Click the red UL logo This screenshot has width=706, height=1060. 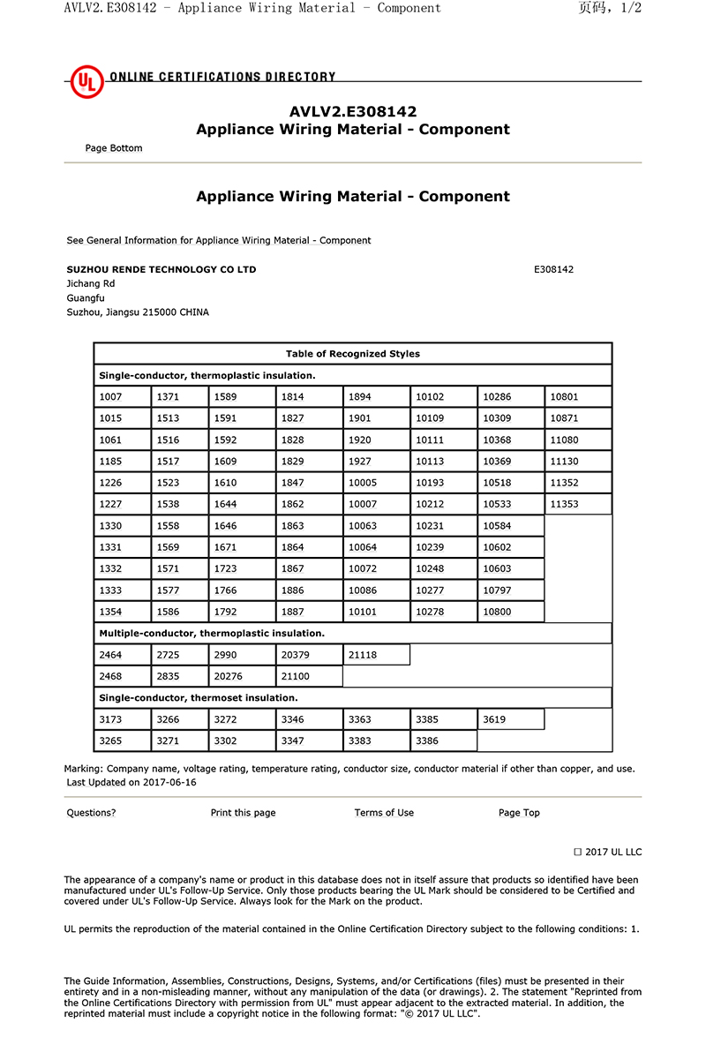pyautogui.click(x=87, y=82)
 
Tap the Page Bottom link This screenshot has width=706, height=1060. pyautogui.click(x=114, y=148)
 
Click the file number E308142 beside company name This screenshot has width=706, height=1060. pyautogui.click(x=553, y=269)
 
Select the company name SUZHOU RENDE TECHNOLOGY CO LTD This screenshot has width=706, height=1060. pyautogui.click(x=161, y=269)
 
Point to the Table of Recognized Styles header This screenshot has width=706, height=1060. pyautogui.click(x=353, y=354)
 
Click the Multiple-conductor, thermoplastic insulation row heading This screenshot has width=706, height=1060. pyautogui.click(x=212, y=634)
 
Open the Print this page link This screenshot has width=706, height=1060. pyautogui.click(x=243, y=813)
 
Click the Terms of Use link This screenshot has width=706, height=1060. pyautogui.click(x=384, y=813)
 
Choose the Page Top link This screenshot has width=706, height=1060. pyautogui.click(x=519, y=813)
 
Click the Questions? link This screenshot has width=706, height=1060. pyautogui.click(x=91, y=813)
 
